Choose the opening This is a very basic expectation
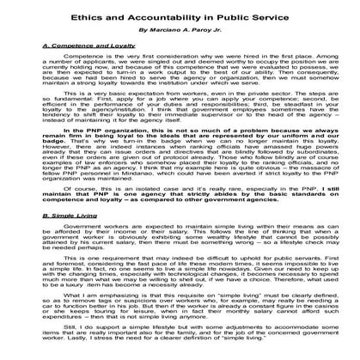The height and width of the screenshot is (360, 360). (95, 113)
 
